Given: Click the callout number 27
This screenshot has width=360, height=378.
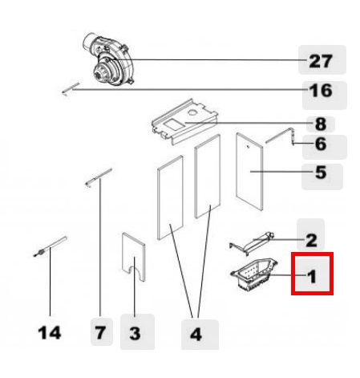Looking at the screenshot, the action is tap(321, 61).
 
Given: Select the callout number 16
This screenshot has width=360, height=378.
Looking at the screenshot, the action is tap(321, 90).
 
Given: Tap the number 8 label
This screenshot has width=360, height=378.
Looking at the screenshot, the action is tap(321, 124).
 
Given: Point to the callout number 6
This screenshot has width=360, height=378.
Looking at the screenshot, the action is tap(321, 144).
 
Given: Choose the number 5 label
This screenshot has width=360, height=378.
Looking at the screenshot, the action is tap(321, 173).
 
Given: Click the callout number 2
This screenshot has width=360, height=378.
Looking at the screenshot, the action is tap(311, 240).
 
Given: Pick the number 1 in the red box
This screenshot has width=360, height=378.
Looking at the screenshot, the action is tap(312, 276).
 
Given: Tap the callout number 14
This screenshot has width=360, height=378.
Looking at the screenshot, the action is tap(50, 333).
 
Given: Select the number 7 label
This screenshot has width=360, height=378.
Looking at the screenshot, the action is tap(100, 333).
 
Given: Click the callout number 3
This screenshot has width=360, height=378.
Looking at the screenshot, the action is tap(135, 334).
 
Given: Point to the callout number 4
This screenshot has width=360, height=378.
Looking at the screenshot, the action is tap(196, 335).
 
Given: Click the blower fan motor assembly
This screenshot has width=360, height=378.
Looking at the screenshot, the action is tap(107, 59).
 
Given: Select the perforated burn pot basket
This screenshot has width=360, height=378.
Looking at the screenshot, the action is tap(254, 274).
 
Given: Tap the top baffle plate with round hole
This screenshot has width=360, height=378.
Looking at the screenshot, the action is tap(185, 122).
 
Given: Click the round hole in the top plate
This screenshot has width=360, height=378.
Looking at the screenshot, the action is tap(192, 112).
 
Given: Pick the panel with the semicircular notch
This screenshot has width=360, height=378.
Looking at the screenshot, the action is tap(134, 257).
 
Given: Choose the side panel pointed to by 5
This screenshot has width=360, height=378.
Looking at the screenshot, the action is tap(249, 172).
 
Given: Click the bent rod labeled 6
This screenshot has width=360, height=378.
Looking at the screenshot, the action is tap(283, 136).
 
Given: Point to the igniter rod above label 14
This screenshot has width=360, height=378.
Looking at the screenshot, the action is tap(50, 246).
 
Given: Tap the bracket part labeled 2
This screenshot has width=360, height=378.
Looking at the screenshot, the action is tap(253, 243).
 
